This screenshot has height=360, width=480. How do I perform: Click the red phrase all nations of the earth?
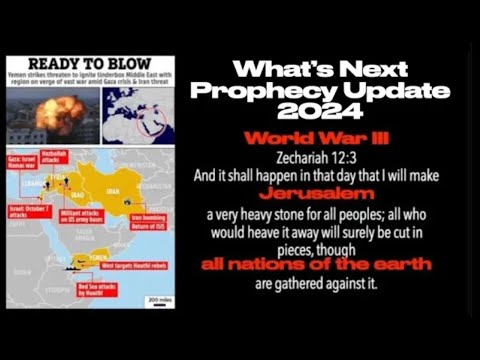[x=317, y=265]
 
